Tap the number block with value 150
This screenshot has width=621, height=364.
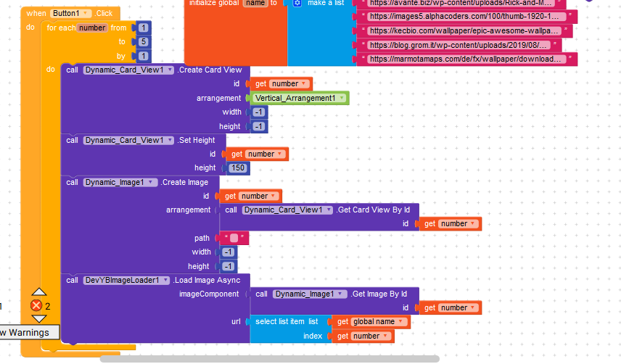point(238,168)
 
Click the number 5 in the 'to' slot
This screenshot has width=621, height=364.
point(144,41)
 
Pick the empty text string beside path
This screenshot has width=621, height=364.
point(234,238)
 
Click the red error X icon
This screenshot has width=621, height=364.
point(36,305)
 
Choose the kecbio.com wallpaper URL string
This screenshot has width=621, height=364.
point(464,30)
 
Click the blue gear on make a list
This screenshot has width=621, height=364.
point(297,3)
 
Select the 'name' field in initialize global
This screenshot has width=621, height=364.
point(254,3)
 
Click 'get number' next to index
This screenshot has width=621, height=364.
point(361,336)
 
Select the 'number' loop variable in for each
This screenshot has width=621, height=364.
point(94,28)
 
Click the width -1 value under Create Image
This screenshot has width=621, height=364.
point(228,252)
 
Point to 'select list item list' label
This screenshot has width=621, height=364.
point(287,321)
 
